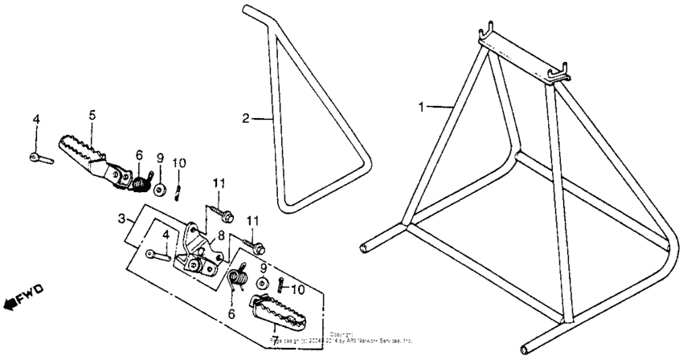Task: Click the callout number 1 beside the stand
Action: [423, 105]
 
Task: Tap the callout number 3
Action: [121, 218]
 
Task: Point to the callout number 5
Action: [92, 116]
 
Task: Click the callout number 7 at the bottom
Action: [276, 330]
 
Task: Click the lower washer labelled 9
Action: [263, 284]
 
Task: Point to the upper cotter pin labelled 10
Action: [179, 190]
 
